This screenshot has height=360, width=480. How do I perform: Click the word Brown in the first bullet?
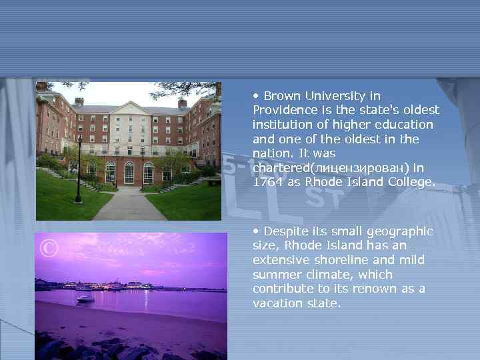[281, 96]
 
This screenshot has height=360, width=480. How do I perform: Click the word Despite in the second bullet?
[285, 231]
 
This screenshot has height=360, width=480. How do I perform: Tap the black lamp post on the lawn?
[79, 170]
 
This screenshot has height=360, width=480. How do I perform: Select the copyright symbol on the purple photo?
[49, 249]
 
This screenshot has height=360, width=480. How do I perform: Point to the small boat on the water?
[85, 299]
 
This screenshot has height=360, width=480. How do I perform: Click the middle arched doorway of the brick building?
[129, 173]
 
